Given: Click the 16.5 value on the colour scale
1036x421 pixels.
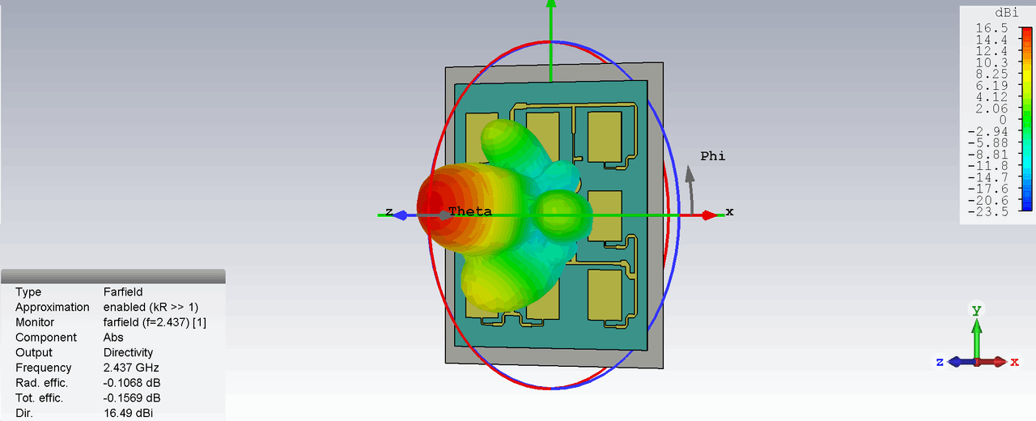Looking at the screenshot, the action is pyautogui.click(x=991, y=28).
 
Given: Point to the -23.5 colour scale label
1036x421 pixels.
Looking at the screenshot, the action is pyautogui.click(x=987, y=212).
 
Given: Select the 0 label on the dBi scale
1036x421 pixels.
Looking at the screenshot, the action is pyautogui.click(x=1003, y=121).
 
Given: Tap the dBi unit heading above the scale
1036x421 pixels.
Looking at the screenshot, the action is pyautogui.click(x=1006, y=13).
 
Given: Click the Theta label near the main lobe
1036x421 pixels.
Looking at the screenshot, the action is pyautogui.click(x=470, y=211).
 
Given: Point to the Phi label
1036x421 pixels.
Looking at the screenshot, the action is pyautogui.click(x=713, y=156).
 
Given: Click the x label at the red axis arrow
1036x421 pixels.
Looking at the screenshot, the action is pyautogui.click(x=729, y=212).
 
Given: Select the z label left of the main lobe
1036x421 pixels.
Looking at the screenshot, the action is pyautogui.click(x=389, y=211).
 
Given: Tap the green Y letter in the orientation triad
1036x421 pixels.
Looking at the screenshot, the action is pyautogui.click(x=976, y=310).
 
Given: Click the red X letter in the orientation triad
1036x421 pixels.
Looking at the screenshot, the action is pyautogui.click(x=1014, y=362).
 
